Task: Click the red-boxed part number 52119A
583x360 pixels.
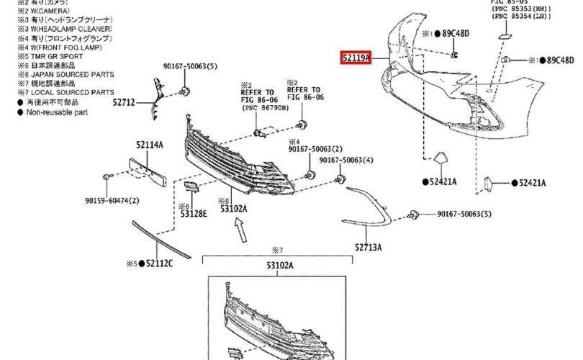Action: (x=355, y=57)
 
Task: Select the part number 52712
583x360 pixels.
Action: (x=123, y=103)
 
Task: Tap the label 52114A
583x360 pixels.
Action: (x=150, y=145)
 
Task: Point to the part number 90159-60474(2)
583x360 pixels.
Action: (x=112, y=201)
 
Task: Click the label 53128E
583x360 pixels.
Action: (x=193, y=214)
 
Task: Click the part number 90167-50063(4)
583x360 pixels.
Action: (x=346, y=160)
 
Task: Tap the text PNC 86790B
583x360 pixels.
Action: (x=264, y=107)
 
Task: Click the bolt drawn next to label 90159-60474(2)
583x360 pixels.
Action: (x=107, y=177)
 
